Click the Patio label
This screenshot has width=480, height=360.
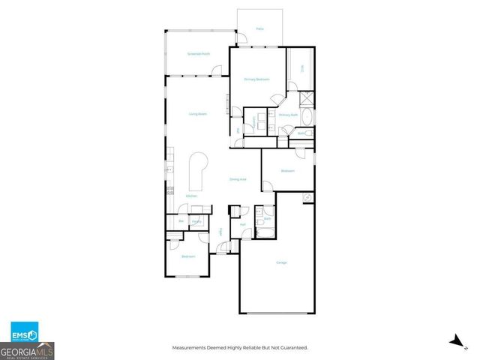pos(259,28)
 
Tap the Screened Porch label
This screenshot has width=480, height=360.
pos(199,54)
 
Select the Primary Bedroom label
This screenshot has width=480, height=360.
pos(256,79)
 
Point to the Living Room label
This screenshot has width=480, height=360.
pos(197,113)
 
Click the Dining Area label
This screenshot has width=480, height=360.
pos(238,179)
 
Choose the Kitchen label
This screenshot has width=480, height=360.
pos(191,196)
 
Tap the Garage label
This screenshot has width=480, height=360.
pos(281,262)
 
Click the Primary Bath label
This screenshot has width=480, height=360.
pos(289,115)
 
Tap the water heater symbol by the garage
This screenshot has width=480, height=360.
pos(307,197)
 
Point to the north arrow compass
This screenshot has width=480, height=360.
pos(454,340)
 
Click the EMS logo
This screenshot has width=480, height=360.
pos(23,333)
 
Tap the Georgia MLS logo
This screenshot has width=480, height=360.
pos(27,350)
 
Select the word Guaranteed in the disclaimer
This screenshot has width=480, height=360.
pos(292,347)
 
